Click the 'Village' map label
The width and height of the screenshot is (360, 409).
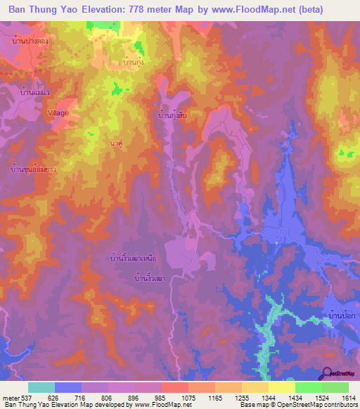58,112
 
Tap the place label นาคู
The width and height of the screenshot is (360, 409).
117,143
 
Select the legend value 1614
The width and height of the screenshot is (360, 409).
349,398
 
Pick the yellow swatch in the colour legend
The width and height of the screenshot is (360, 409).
281,387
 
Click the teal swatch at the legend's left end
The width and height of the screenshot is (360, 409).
41,387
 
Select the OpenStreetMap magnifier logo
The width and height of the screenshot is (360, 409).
328,373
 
